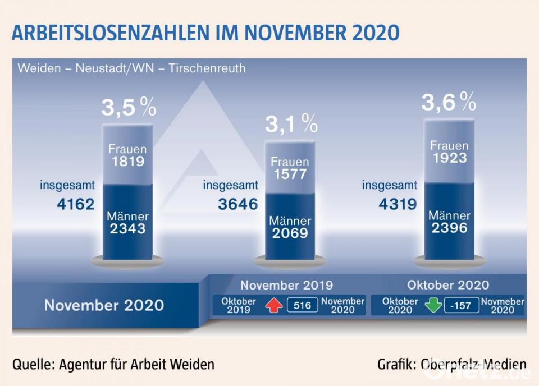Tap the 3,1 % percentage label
[x=291, y=125]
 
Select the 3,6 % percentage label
[x=449, y=102]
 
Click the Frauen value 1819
[x=128, y=162]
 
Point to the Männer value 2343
[x=128, y=228]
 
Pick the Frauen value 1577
[x=290, y=174]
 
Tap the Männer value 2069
[x=290, y=233]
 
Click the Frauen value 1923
[x=449, y=158]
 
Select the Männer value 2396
[x=449, y=228]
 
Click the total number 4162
[x=76, y=204]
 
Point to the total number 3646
[x=238, y=204]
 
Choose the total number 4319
[x=398, y=204]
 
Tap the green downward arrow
[x=433, y=305]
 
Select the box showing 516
[x=302, y=306]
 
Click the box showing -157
[x=462, y=306]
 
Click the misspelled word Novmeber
[x=503, y=301]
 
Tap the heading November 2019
[x=286, y=284]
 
